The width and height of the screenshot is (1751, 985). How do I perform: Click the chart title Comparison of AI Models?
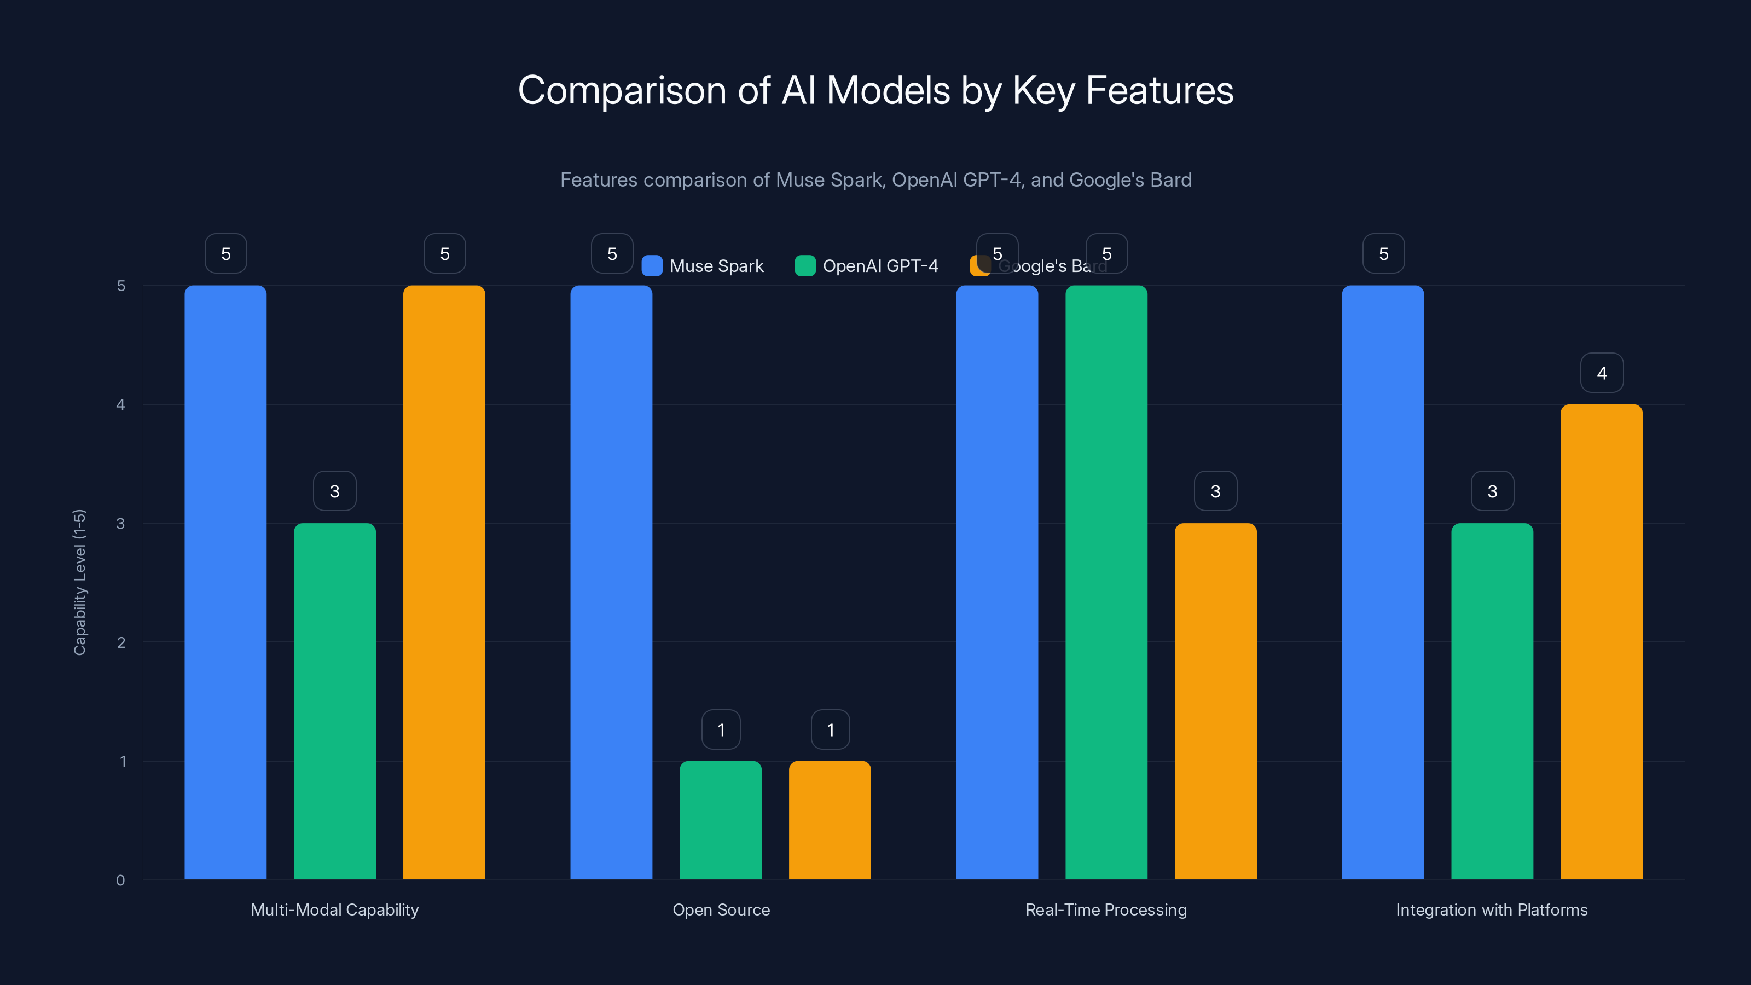(x=875, y=90)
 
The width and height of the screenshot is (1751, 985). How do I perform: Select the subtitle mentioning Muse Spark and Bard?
(x=875, y=180)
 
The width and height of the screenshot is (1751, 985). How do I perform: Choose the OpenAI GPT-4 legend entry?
(x=867, y=266)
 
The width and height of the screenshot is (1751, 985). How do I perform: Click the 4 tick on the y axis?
(x=120, y=405)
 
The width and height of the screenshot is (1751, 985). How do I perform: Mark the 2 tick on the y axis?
(x=120, y=642)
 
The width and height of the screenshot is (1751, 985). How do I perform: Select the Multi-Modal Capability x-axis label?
(x=334, y=909)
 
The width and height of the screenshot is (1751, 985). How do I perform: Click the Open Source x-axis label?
(x=721, y=909)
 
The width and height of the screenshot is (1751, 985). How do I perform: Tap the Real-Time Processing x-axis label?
(x=1106, y=909)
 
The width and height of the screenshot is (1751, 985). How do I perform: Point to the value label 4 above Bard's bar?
(x=1602, y=373)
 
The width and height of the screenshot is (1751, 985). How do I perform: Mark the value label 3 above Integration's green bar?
(x=1492, y=491)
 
